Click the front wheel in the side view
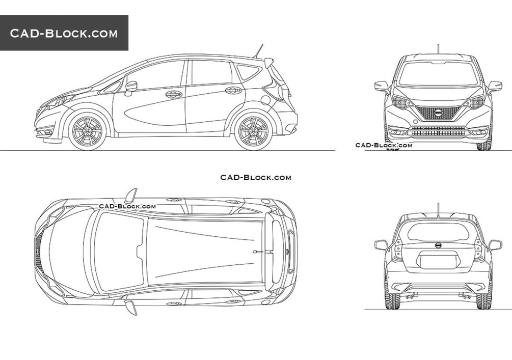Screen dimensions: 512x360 (87, 131)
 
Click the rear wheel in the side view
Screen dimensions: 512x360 (253, 131)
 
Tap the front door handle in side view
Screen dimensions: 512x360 (173, 94)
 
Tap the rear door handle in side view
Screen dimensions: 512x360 (233, 90)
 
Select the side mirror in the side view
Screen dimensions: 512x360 (130, 88)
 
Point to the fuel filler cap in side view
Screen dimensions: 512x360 (266, 100)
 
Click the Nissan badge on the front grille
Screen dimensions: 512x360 (438, 113)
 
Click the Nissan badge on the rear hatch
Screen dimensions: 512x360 (438, 245)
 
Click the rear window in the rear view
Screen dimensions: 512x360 (438, 232)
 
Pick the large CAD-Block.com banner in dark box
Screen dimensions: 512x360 (64, 33)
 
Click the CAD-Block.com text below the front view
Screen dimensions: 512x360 (384, 145)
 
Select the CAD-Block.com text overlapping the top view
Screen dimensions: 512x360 (127, 206)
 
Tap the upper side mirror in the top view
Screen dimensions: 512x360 (131, 196)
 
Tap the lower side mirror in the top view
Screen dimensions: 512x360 (131, 308)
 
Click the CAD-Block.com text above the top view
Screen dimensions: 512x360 (256, 177)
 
